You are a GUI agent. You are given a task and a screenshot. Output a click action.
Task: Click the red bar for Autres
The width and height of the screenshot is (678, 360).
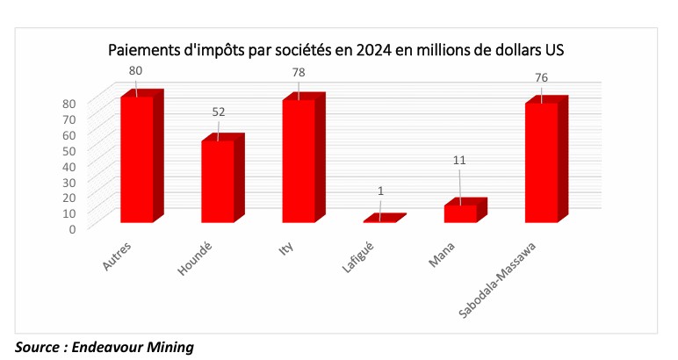pos(136,158)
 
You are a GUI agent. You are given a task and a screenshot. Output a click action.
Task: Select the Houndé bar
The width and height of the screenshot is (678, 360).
pos(217,181)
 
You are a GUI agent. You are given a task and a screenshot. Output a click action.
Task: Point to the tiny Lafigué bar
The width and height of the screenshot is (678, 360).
pos(380,220)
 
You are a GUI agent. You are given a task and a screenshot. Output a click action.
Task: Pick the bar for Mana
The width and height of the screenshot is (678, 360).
pos(460,212)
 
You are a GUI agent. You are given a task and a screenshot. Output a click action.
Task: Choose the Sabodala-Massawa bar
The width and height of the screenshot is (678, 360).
pos(541,162)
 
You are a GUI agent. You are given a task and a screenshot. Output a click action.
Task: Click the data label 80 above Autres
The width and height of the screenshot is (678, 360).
pos(135,69)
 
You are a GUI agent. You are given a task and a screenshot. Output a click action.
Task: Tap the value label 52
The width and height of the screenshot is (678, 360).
pos(219,112)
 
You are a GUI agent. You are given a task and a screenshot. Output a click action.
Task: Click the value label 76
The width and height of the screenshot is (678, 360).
pos(542,77)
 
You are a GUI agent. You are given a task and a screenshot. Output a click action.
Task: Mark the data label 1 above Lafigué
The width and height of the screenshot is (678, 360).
pos(379,192)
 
